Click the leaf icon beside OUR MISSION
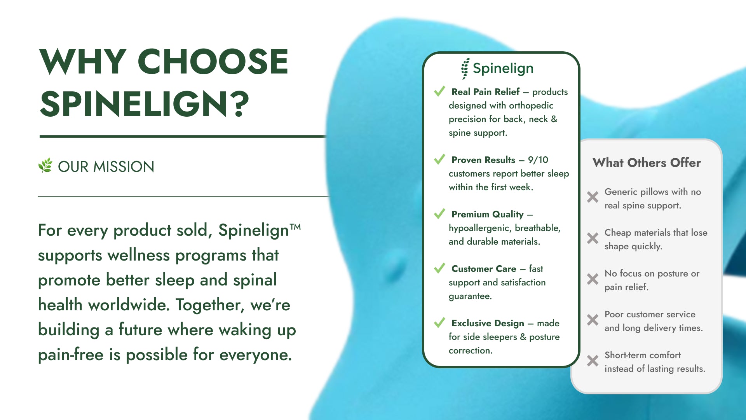tap(45, 165)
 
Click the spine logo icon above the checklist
tap(465, 69)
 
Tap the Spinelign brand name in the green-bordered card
tap(503, 68)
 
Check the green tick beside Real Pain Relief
tap(439, 91)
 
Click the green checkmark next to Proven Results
tap(439, 159)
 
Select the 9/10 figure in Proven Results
tap(538, 160)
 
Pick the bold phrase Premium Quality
tap(488, 214)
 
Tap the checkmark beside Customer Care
tap(439, 268)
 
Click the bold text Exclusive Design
tap(488, 323)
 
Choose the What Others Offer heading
tap(647, 163)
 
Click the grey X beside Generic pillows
tap(593, 197)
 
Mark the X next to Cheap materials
tap(593, 238)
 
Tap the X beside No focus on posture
tap(593, 279)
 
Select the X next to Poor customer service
tap(593, 320)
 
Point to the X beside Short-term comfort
tap(593, 360)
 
